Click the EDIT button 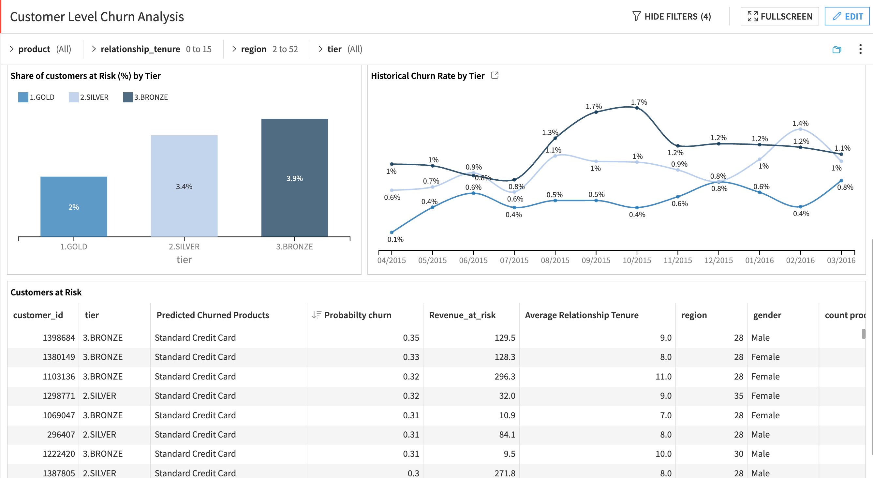point(847,16)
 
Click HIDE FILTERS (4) point(671,16)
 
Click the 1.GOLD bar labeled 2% point(74,206)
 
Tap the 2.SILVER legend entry point(89,97)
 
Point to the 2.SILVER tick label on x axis point(184,246)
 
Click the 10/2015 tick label point(636,261)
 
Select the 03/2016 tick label point(841,261)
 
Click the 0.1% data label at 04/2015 point(395,239)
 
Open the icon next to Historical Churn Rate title point(495,75)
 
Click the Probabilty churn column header point(357,315)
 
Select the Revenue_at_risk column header point(462,315)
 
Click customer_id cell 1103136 point(59,376)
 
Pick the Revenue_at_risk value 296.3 point(504,376)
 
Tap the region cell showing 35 point(738,396)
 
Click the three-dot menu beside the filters point(860,49)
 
